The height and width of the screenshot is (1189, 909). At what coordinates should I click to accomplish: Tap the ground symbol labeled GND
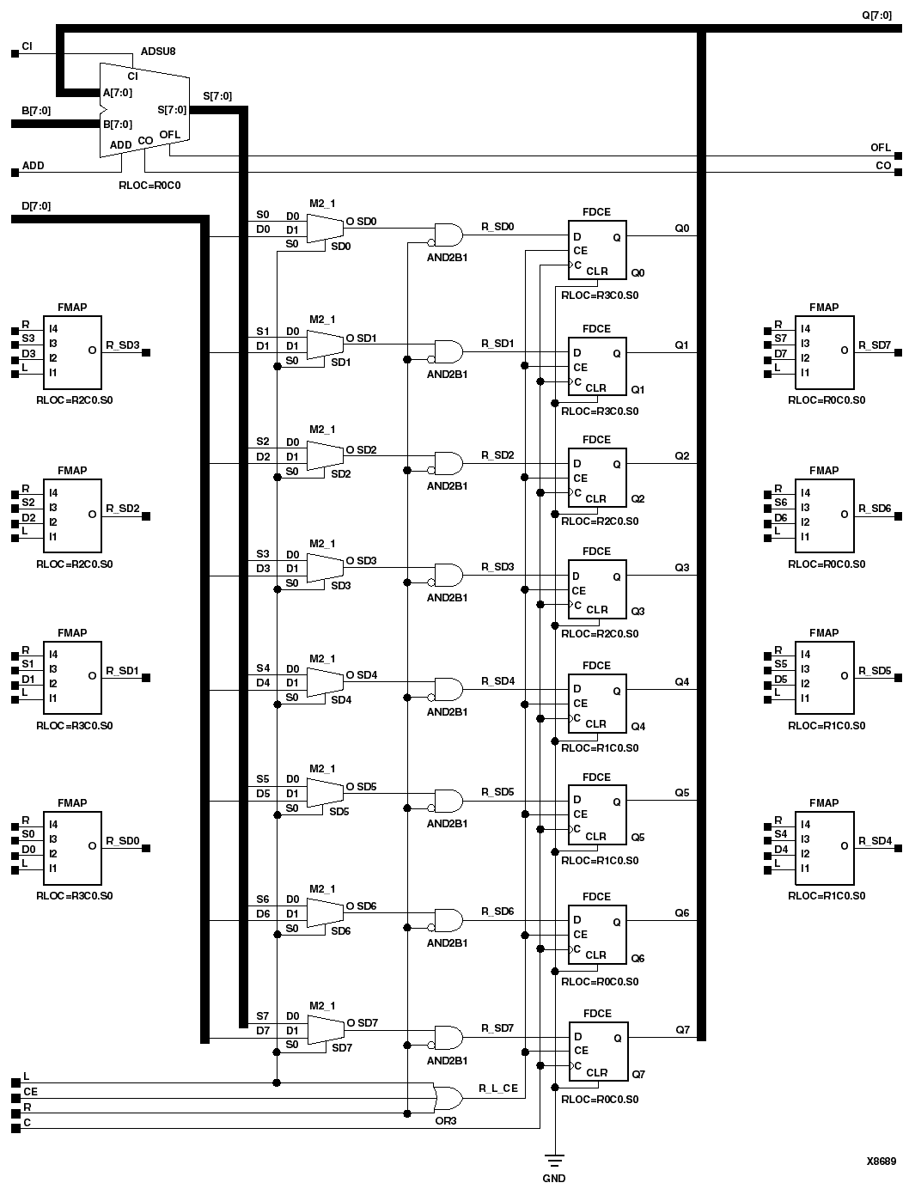point(555,1162)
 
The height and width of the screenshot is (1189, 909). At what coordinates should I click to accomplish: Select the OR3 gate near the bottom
point(448,1098)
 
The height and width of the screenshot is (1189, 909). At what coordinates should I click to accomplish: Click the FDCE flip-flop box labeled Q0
point(597,250)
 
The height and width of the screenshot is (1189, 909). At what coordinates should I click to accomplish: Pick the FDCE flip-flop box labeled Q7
point(598,1051)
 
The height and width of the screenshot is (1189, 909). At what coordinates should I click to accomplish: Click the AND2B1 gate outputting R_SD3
point(448,575)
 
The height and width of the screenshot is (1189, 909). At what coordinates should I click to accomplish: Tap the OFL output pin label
point(880,148)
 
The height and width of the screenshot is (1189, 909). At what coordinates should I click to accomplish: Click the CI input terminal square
point(15,53)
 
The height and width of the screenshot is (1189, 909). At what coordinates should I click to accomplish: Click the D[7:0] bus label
point(35,206)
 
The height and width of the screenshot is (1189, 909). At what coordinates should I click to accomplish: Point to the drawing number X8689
point(881,1162)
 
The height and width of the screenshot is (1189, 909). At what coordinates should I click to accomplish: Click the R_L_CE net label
point(498,1088)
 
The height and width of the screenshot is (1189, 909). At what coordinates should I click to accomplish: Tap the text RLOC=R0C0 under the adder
point(149,185)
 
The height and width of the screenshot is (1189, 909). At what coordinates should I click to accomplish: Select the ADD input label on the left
point(33,165)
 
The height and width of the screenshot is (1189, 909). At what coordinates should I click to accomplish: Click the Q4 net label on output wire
point(681,682)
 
